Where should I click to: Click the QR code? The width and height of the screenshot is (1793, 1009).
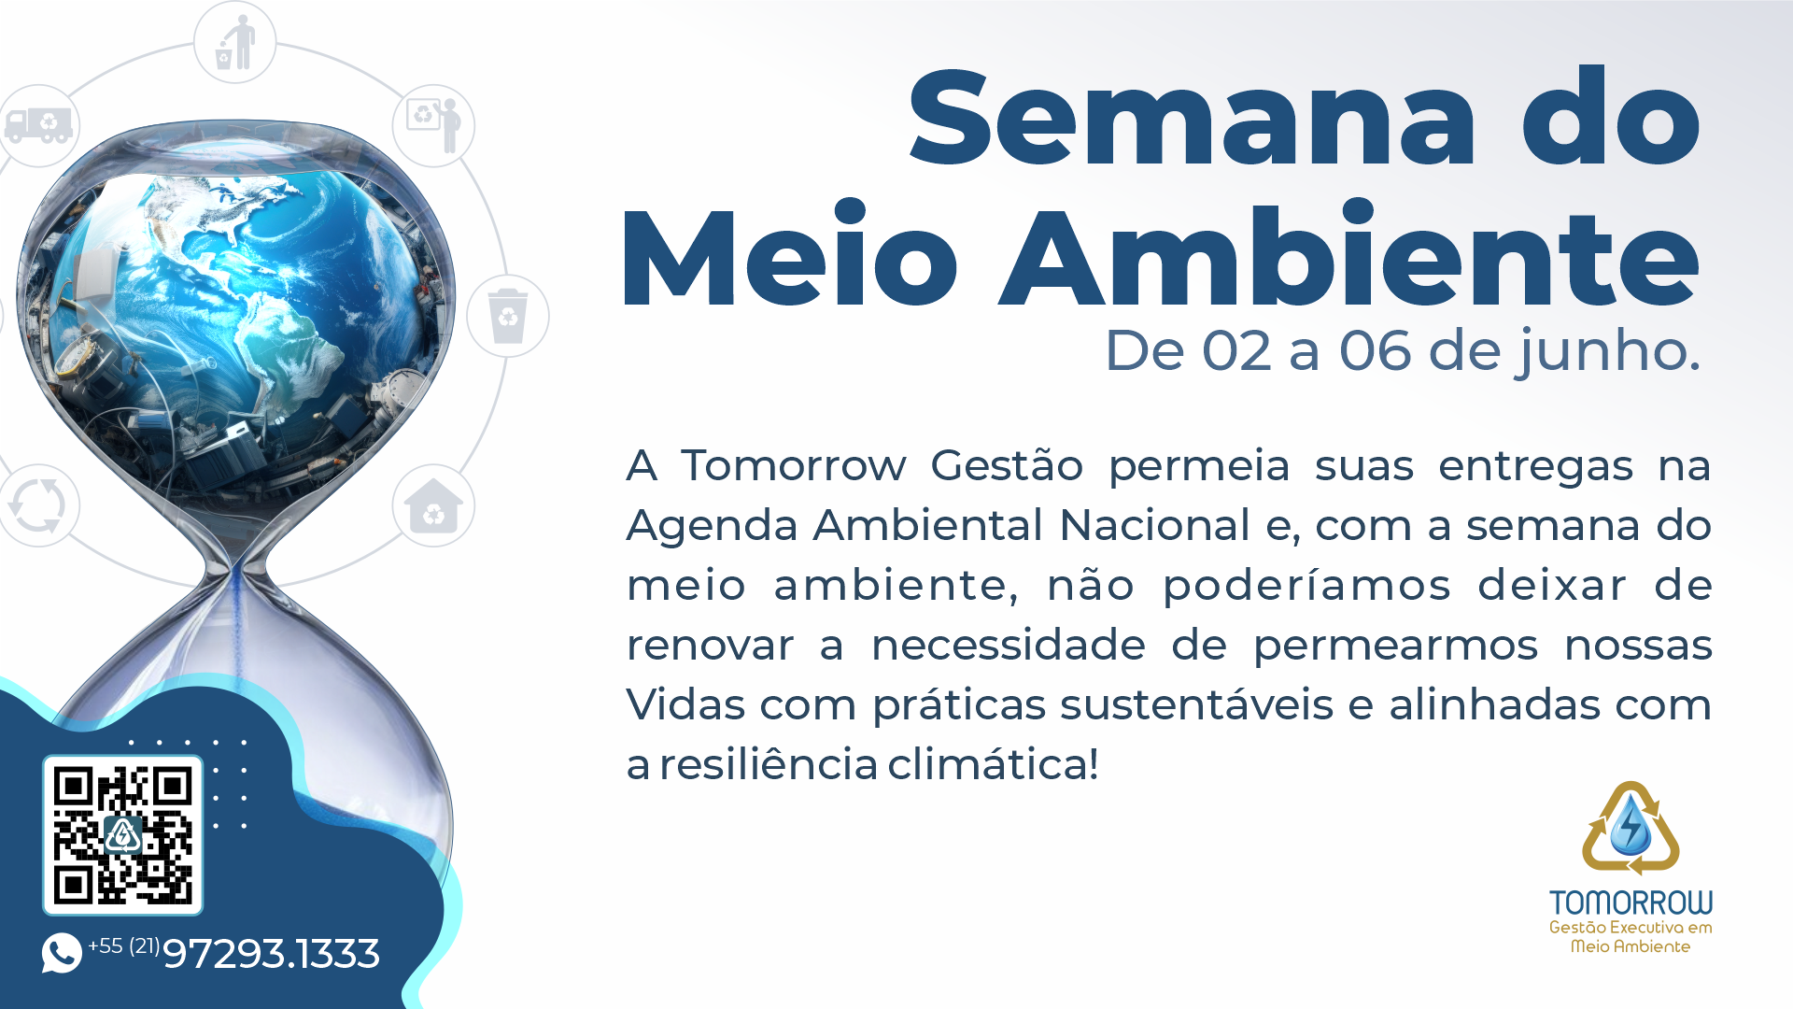point(122,835)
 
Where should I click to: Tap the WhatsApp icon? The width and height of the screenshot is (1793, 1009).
point(62,953)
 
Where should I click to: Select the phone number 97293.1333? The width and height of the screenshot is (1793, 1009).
point(271,954)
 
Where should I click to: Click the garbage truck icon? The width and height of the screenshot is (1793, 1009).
point(38,124)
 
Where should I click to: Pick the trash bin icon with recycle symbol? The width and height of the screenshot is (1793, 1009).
point(508,316)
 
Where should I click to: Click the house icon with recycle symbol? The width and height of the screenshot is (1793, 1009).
point(433,505)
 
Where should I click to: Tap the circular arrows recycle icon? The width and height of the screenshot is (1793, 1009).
point(37,505)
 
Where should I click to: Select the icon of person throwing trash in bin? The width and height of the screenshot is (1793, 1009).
point(235,43)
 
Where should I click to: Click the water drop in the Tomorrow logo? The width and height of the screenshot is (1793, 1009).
point(1631,824)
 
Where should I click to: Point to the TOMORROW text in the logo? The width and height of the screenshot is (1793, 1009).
point(1631,902)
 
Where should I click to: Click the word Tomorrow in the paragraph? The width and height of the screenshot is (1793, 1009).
point(793,465)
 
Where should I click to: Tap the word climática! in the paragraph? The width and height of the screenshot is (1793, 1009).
point(993,764)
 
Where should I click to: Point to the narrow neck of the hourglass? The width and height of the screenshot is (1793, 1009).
point(237,566)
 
